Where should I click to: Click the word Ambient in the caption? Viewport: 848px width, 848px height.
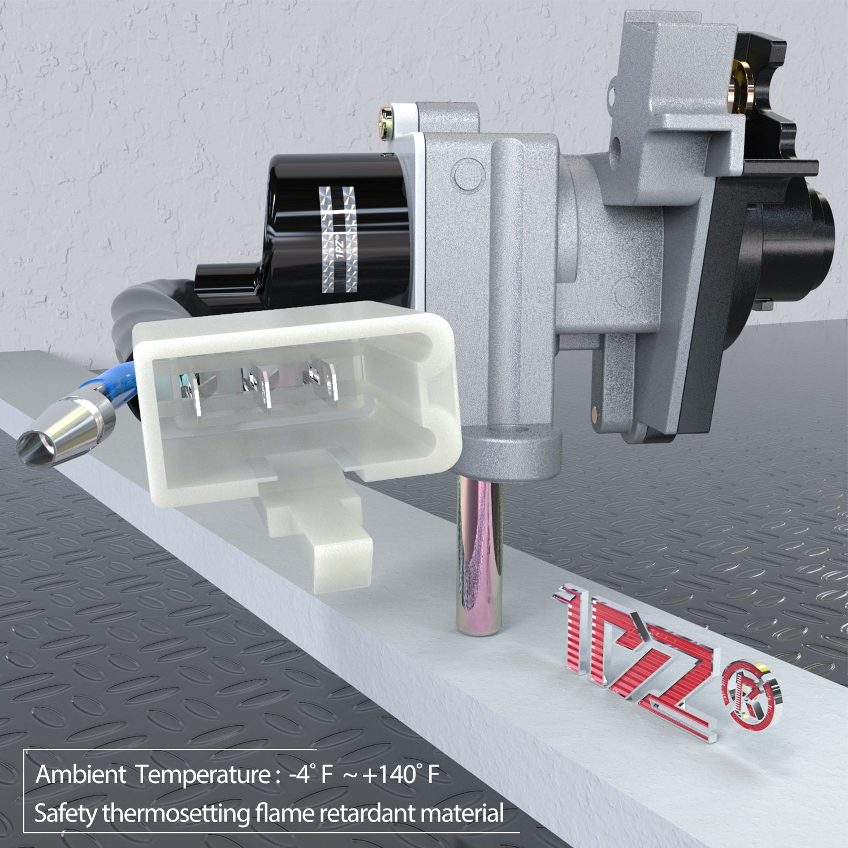tap(81, 775)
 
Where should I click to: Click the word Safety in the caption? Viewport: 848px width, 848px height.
tap(65, 814)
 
